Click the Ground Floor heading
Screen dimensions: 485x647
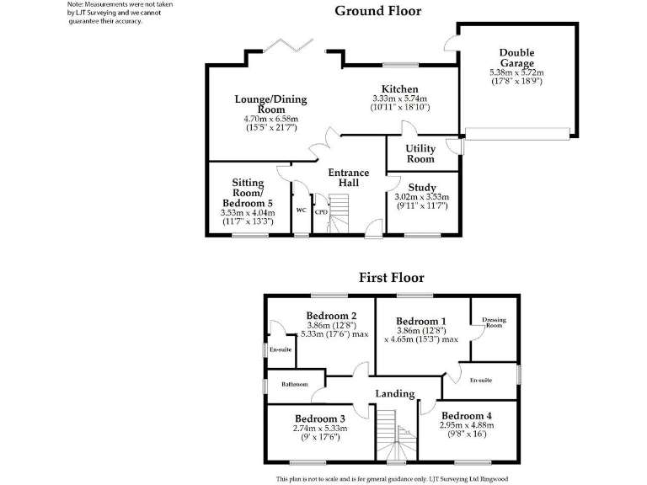[x=378, y=11]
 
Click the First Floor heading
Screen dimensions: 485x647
[x=391, y=277]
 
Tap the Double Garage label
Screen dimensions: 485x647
[x=516, y=58]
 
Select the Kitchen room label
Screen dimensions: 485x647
[x=400, y=89]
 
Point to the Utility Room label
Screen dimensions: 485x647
[x=420, y=154]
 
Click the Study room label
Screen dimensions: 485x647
[x=421, y=187]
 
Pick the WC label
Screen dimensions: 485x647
[x=300, y=211]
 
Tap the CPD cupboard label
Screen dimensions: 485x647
[x=320, y=212]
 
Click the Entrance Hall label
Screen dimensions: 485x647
[x=348, y=178]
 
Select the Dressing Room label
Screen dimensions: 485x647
[x=493, y=322]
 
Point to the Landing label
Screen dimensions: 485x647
[x=394, y=393]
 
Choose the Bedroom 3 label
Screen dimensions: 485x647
[x=320, y=418]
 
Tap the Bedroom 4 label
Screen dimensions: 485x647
[x=466, y=415]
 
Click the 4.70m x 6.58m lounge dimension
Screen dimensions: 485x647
[x=270, y=120]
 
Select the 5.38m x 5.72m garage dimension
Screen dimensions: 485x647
[x=516, y=73]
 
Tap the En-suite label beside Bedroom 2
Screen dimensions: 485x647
[x=281, y=349]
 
